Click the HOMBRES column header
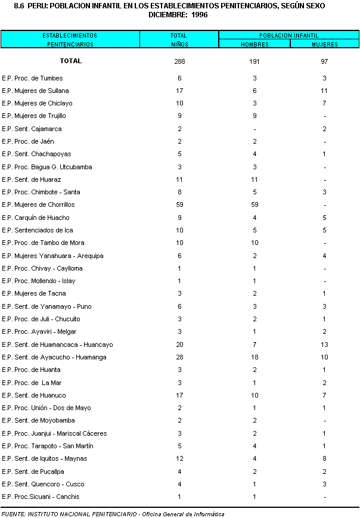[255, 44]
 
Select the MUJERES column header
[324, 44]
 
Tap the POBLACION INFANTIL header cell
[288, 35]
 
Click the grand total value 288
[179, 61]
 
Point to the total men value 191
[255, 61]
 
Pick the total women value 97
[324, 61]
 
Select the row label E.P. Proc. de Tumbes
[32, 78]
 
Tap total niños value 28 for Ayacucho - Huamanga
[179, 357]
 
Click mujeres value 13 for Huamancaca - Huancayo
[324, 345]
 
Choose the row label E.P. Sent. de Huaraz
[32, 179]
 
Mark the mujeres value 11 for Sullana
[324, 91]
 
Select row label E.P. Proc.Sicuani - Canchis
[41, 497]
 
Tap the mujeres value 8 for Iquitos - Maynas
[324, 458]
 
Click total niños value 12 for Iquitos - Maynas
[179, 458]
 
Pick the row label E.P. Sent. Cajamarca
[32, 129]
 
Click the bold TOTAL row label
[70, 61]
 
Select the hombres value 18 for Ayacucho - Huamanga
[255, 357]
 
